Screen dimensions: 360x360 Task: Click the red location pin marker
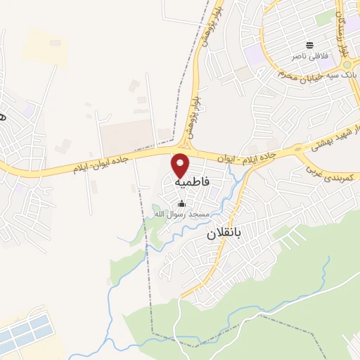coord(181,165)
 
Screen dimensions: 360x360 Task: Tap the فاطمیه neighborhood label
coord(191,181)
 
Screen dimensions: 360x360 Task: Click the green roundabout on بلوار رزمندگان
coord(346,65)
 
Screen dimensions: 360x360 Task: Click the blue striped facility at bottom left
coord(24,335)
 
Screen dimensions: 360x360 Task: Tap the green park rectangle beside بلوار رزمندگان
coord(325,19)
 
